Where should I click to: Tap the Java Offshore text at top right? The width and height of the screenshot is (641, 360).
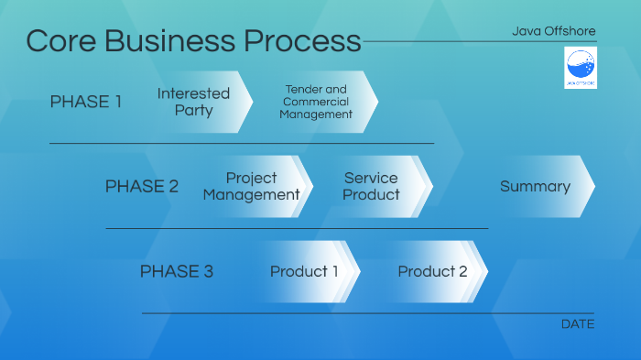coord(553,31)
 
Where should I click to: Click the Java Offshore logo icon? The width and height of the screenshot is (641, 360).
coord(581,69)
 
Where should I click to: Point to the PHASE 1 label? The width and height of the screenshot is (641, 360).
coord(85,102)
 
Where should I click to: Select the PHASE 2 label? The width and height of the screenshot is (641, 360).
coord(142,186)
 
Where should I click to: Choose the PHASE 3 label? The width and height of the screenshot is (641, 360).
coord(177,271)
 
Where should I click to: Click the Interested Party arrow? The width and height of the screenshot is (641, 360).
coord(194,102)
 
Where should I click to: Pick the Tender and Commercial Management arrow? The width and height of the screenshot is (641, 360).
coord(317,102)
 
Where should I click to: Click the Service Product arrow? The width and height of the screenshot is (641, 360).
coord(372,186)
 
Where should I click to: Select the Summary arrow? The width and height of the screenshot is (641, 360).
coord(536,186)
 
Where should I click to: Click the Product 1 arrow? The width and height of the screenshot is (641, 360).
coord(304,271)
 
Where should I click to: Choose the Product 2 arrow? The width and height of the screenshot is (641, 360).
coord(432,271)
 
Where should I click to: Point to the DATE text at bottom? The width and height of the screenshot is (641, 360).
coord(577,324)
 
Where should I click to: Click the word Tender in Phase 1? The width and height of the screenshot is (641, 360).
coord(303,90)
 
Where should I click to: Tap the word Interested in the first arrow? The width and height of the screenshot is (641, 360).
coord(194,93)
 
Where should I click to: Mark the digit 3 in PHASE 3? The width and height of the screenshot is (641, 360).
coord(208,271)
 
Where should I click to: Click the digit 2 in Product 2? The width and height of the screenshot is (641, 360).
coord(462,271)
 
